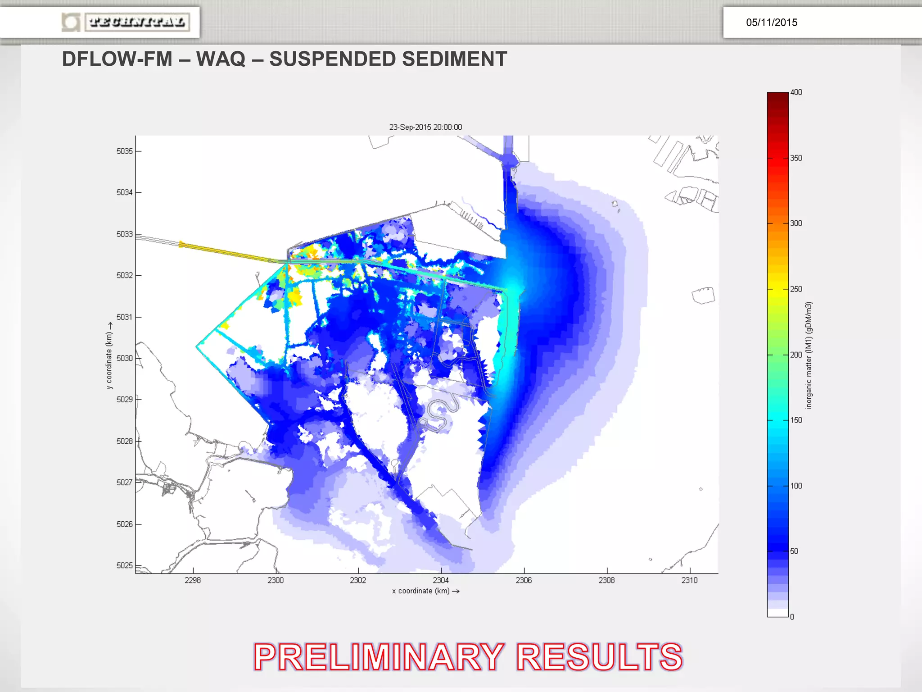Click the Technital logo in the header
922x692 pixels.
126,22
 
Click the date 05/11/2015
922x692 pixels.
771,23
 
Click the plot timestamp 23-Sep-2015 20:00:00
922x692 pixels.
425,127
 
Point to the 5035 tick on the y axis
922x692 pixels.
124,151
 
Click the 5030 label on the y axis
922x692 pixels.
124,358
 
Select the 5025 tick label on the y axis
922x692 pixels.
124,565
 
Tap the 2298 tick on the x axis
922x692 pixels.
193,580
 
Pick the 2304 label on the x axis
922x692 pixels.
441,580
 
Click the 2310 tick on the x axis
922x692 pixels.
689,580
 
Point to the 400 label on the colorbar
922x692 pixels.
796,92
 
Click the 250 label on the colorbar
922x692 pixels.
796,289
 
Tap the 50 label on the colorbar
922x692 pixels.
794,551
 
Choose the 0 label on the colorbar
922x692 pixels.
792,617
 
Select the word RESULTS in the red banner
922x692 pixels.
599,657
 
